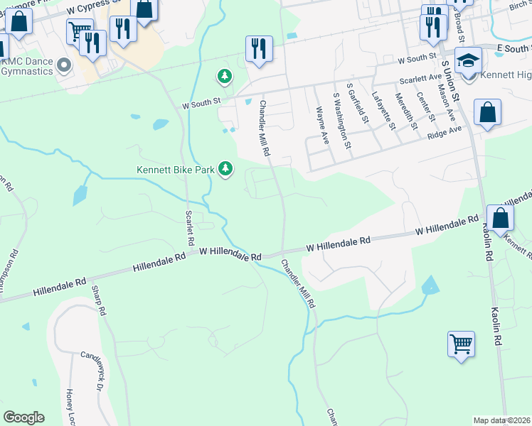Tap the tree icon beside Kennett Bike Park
pyautogui.click(x=226, y=168)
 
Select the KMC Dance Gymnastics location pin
pyautogui.click(x=65, y=67)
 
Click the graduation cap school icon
pyautogui.click(x=468, y=60)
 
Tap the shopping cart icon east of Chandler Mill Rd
pyautogui.click(x=461, y=344)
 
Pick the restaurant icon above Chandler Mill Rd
pyautogui.click(x=257, y=49)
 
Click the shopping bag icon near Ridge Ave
pyautogui.click(x=487, y=111)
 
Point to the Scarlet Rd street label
pyautogui.click(x=189, y=228)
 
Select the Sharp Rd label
pyautogui.click(x=98, y=300)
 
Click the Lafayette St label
pyautogui.click(x=385, y=111)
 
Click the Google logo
pyautogui.click(x=23, y=417)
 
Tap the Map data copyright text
pyautogui.click(x=501, y=420)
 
